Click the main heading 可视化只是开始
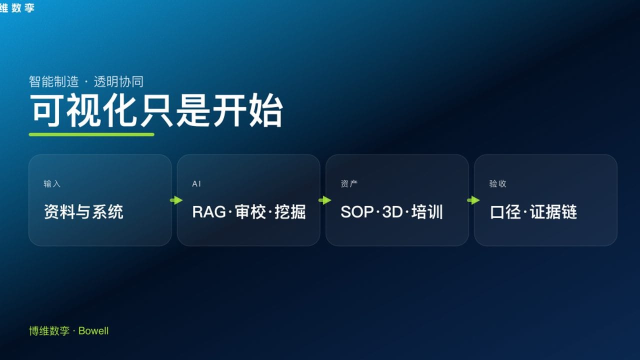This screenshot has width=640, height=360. tap(156, 110)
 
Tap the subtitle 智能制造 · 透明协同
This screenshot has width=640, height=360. tap(86, 82)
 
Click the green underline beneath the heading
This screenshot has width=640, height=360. tap(91, 134)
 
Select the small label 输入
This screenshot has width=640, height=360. tap(52, 184)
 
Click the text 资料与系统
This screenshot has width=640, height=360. tap(83, 212)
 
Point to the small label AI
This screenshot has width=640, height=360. tap(196, 184)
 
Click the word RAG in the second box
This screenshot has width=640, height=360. tap(208, 212)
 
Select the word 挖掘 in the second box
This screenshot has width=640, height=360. tap(290, 212)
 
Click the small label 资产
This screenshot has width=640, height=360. tap(349, 184)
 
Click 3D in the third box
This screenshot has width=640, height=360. tap(392, 212)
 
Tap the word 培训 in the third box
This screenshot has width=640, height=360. tap(427, 212)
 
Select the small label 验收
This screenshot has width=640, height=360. tap(497, 184)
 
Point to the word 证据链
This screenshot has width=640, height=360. tap(553, 212)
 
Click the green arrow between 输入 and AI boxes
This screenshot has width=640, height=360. tap(176, 200)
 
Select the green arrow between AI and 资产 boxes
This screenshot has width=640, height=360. tap(324, 200)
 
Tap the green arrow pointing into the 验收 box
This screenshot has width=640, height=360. tap(473, 200)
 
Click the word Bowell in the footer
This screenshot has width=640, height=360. tap(93, 331)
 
